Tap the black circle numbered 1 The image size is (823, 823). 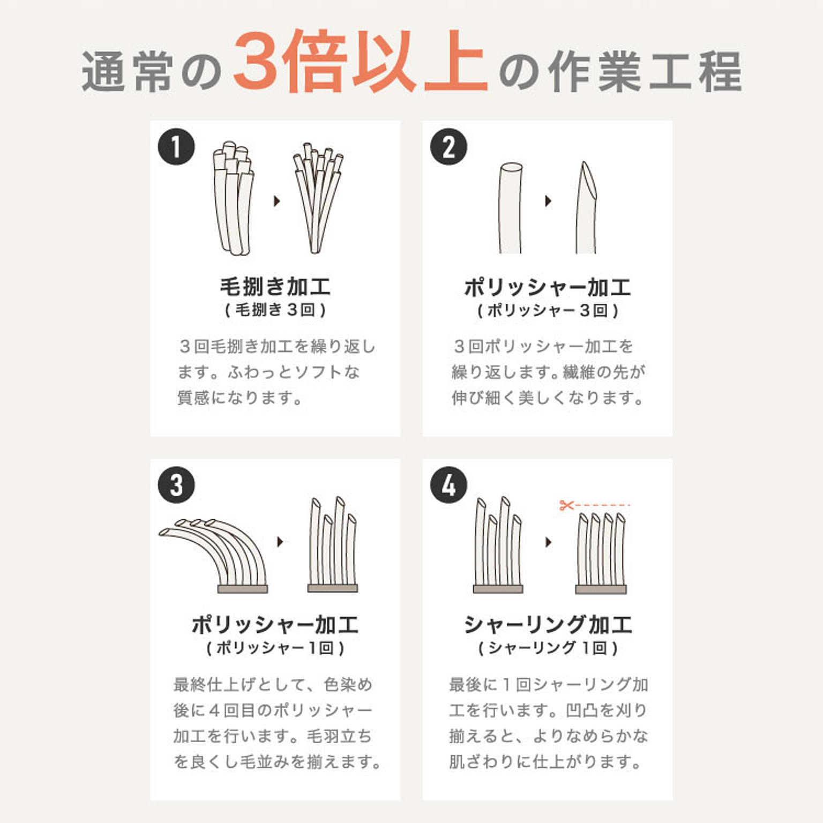coord(176,147)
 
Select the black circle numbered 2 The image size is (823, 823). coord(448,147)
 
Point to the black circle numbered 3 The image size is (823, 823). coord(176,485)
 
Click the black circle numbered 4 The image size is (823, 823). coord(448,485)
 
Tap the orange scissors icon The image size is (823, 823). coord(566,505)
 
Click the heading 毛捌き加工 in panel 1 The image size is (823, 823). coord(275,287)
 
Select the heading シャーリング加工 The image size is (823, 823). coord(548,625)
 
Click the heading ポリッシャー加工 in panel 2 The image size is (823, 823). coord(548,288)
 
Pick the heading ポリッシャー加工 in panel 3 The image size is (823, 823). coord(275,625)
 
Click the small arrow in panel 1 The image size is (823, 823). coord(276,201)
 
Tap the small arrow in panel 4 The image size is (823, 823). coord(548,542)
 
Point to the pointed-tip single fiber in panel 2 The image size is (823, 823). coord(586,209)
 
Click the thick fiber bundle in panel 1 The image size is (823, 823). coord(233,198)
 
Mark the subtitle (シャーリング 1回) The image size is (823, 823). coord(548,648)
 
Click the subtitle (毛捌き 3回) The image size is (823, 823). coord(275,310)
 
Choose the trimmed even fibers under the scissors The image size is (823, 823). coord(601,552)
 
